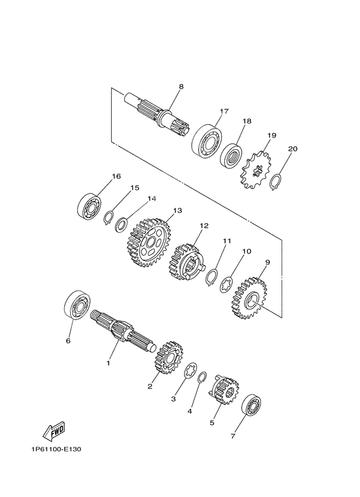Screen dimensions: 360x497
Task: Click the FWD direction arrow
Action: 54,431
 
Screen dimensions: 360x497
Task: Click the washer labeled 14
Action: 122,224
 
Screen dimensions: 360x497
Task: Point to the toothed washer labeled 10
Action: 227,284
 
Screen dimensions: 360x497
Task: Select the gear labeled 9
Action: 249,298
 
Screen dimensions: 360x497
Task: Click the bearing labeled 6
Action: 77,305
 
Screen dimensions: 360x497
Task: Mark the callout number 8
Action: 181,86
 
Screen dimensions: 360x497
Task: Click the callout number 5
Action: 212,423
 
